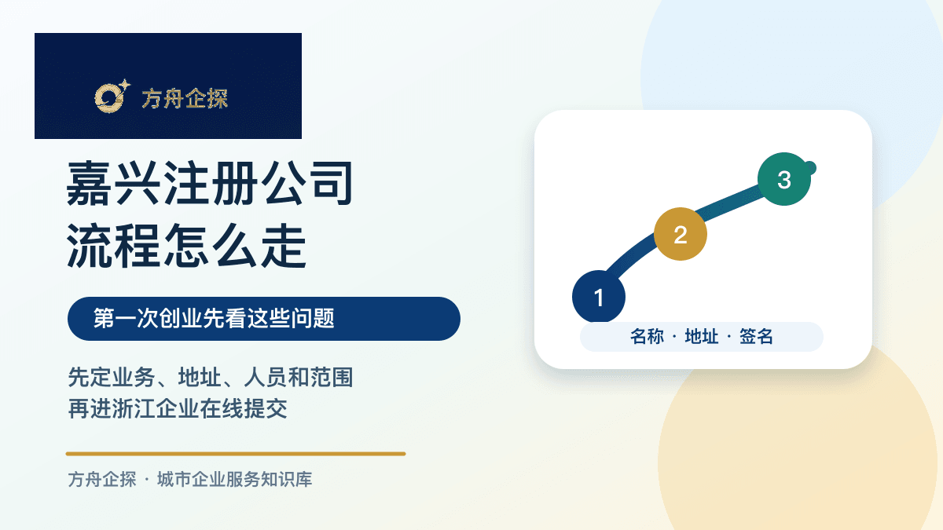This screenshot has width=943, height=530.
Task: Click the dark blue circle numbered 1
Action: [599, 297]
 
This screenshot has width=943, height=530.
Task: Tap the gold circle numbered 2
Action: [681, 234]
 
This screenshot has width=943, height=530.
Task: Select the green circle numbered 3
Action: [784, 179]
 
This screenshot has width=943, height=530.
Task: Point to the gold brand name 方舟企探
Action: [185, 99]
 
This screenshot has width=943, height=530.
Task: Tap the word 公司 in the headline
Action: [307, 184]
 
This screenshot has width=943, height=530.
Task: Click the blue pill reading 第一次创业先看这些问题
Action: [264, 319]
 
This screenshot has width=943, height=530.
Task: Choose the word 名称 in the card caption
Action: [647, 337]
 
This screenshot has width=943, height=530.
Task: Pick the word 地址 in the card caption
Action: [702, 337]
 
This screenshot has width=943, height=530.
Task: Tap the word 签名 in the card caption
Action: [756, 337]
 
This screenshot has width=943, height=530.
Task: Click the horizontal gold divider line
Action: [236, 454]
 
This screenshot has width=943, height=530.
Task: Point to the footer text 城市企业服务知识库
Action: [234, 480]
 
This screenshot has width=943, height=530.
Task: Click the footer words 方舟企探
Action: [102, 480]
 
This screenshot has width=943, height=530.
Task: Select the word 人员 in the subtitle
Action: [266, 378]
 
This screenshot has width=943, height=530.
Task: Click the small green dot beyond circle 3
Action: [812, 168]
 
